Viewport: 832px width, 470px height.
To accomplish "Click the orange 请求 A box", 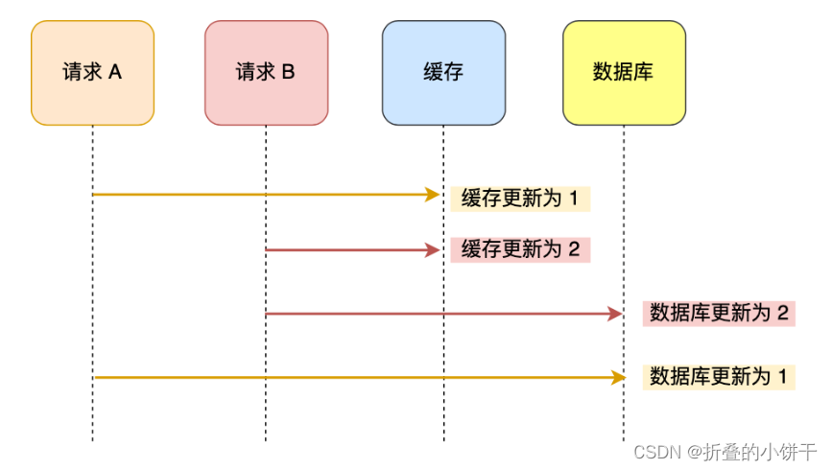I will click(x=92, y=73).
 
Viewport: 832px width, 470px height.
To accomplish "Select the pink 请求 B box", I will click(x=266, y=73).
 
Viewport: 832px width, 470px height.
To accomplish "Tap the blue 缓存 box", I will click(x=443, y=73).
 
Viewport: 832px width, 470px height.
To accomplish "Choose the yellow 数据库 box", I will click(x=624, y=73).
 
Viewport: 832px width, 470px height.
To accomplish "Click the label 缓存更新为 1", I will click(x=519, y=199).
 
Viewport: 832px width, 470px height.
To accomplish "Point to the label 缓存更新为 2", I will click(x=520, y=249).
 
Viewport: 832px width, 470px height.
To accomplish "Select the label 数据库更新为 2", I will click(x=719, y=313).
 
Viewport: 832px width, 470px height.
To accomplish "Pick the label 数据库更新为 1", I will click(x=719, y=377).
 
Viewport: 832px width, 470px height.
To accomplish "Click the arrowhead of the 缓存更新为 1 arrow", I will click(x=434, y=195).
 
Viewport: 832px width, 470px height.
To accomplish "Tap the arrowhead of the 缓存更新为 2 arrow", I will click(x=434, y=250).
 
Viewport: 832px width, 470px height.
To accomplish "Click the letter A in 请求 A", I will click(x=115, y=73).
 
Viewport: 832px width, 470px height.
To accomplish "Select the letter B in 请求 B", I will click(x=288, y=73).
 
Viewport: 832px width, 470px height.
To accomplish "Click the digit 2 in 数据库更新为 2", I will click(x=782, y=313).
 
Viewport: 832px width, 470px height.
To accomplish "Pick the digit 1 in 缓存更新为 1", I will click(x=574, y=199).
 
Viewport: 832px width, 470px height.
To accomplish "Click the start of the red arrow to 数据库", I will click(x=268, y=314).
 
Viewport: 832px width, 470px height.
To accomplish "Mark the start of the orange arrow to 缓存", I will click(x=94, y=195).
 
